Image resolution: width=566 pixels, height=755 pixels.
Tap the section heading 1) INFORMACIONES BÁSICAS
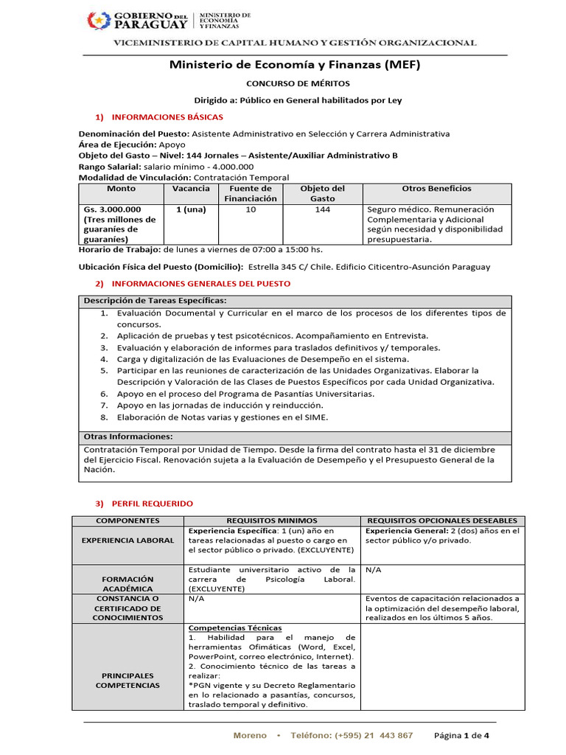[159, 117]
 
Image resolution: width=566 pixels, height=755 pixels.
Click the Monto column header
[121, 189]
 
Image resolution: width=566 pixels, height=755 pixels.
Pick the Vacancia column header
[191, 189]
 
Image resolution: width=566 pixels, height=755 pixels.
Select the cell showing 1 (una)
[191, 209]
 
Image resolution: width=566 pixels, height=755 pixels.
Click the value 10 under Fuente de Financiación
[251, 209]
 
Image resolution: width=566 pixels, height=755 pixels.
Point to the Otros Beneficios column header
[436, 189]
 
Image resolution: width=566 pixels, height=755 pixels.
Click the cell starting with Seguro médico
[435, 224]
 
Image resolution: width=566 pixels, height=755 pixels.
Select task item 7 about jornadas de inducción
[220, 406]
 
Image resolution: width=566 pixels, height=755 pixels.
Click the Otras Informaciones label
[128, 436]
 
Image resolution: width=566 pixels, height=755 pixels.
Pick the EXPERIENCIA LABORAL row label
[127, 540]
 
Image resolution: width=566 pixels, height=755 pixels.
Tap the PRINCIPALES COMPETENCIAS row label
[127, 680]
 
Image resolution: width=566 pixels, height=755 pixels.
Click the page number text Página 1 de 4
[461, 736]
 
